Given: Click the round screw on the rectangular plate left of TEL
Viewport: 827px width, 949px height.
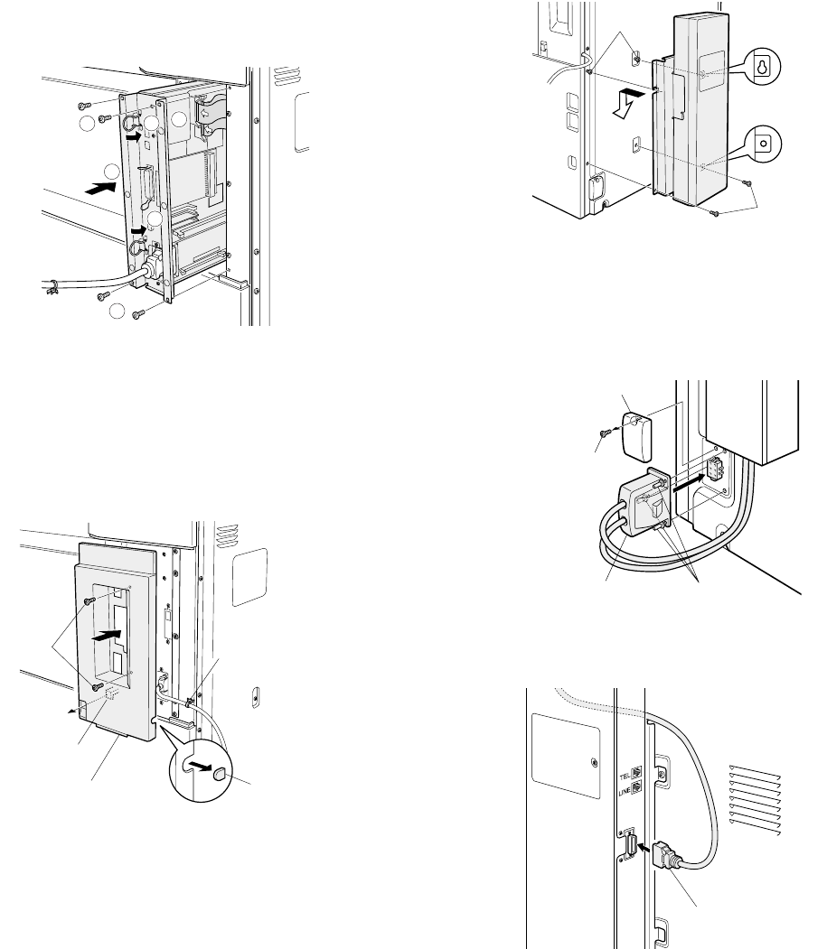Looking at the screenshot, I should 593,762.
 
